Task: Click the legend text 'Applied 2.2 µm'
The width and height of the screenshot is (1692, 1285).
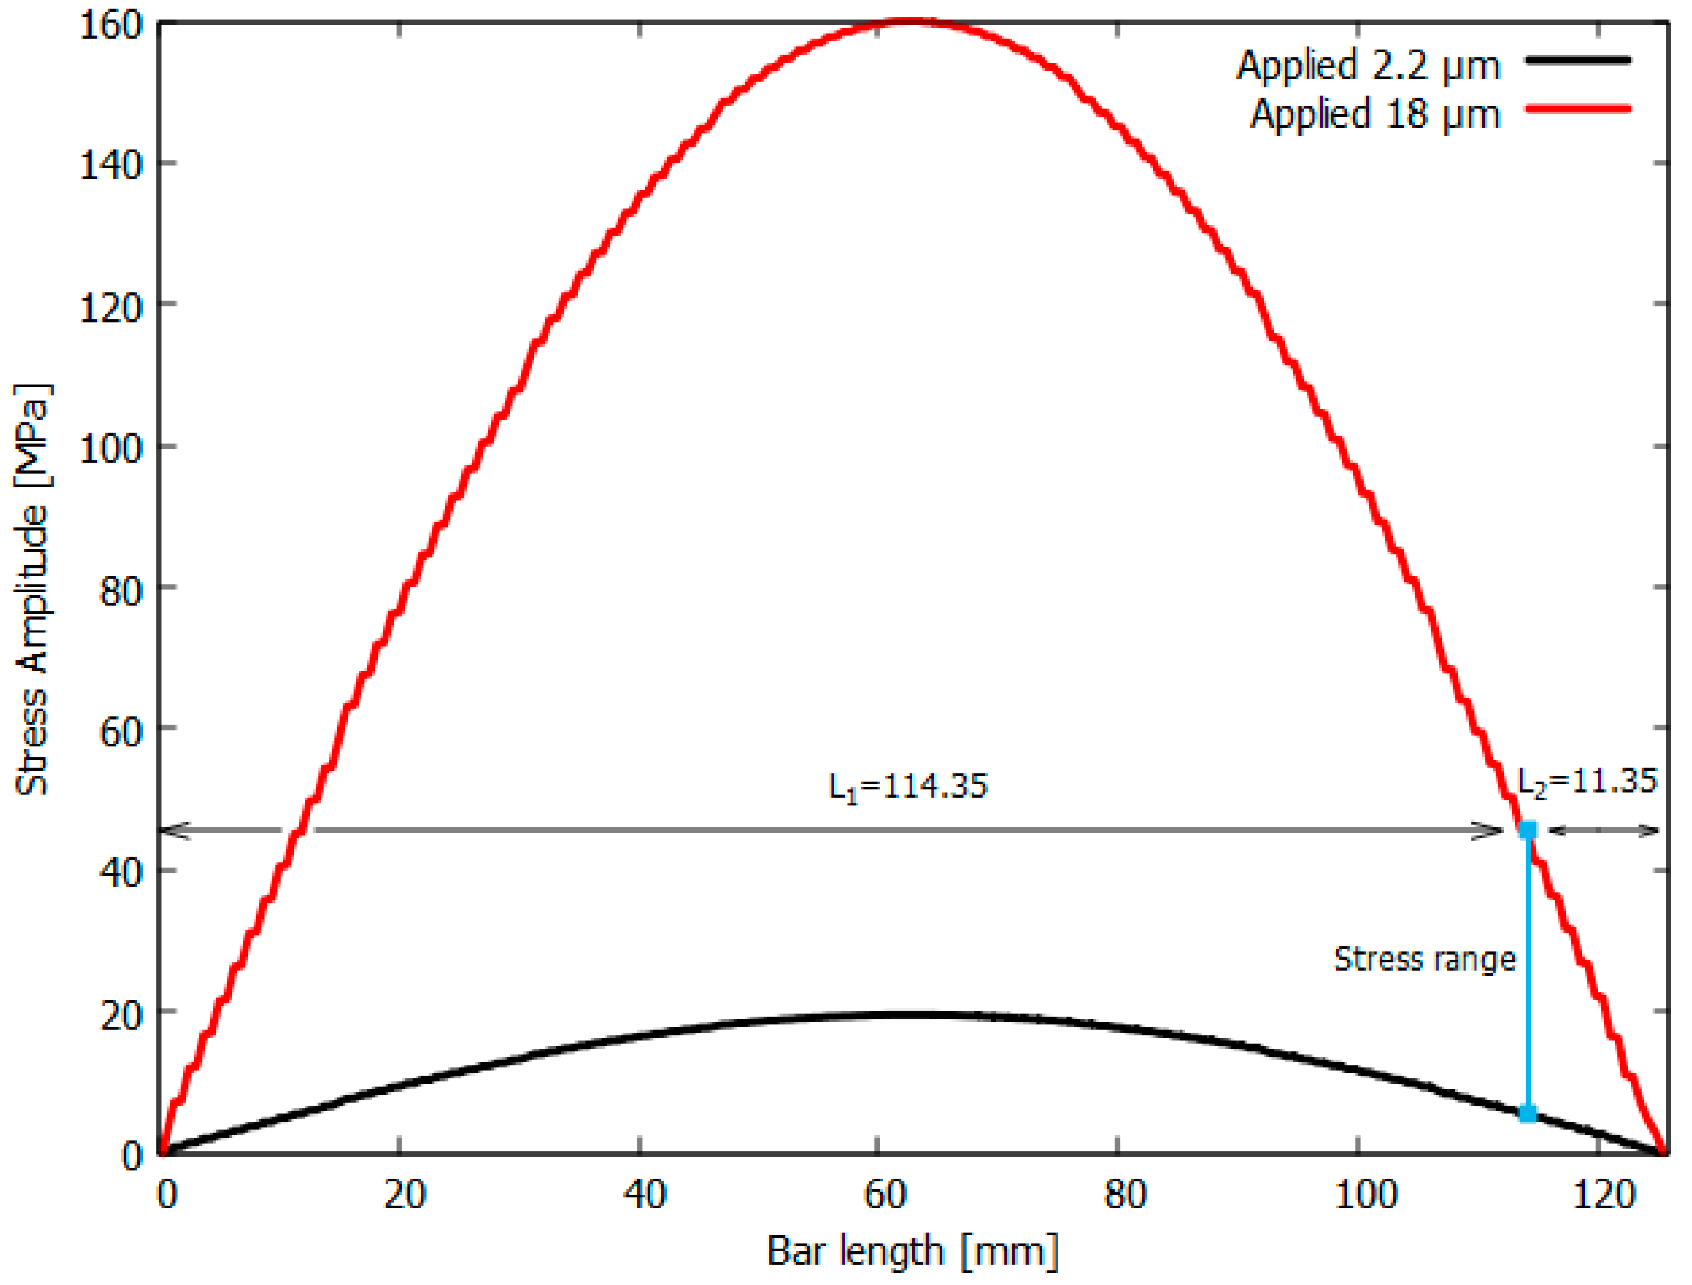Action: point(1367,66)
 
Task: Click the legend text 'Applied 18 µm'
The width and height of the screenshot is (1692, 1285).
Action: point(1375,115)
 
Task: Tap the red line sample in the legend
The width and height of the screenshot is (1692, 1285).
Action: point(1577,109)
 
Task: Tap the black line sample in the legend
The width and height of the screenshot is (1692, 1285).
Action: point(1577,59)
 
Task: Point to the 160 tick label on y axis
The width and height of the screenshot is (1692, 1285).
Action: point(112,26)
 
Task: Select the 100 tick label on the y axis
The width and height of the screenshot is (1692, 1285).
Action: point(112,447)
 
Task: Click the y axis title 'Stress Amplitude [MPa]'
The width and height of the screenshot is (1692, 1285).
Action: point(33,589)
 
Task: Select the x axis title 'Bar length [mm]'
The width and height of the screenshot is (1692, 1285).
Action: point(912,1251)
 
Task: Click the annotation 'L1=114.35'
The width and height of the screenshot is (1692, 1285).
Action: point(908,787)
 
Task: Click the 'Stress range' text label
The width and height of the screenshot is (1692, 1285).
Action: point(1424,959)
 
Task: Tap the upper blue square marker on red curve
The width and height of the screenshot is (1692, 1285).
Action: point(1527,831)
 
